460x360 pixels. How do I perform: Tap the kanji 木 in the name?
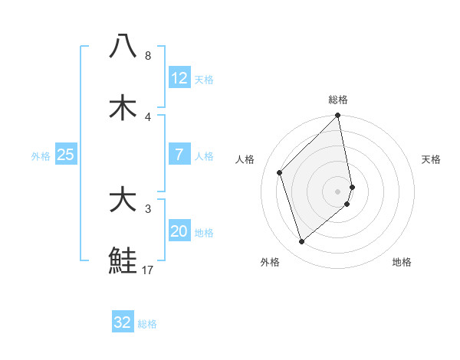(x=123, y=107)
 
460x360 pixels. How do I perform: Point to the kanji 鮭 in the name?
(x=123, y=260)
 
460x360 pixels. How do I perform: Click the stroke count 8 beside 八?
(x=147, y=56)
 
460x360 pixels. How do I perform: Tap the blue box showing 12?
(x=179, y=78)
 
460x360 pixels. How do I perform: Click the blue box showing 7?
(x=179, y=155)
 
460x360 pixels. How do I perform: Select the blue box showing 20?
(x=179, y=231)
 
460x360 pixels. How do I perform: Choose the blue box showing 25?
(x=65, y=155)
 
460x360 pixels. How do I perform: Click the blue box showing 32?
(x=123, y=322)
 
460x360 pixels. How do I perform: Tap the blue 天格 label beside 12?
(x=204, y=80)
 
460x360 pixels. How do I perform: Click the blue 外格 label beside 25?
(x=41, y=156)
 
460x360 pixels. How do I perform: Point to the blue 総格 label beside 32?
(x=147, y=324)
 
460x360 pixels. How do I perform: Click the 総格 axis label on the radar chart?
(x=338, y=100)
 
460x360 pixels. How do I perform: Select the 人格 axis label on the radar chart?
(x=245, y=159)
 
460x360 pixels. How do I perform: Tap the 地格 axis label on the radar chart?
(x=402, y=262)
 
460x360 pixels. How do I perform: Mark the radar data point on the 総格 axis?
(x=338, y=116)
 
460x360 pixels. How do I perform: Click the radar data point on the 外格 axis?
(x=301, y=242)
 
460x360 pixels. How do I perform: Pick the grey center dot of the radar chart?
(x=338, y=191)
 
